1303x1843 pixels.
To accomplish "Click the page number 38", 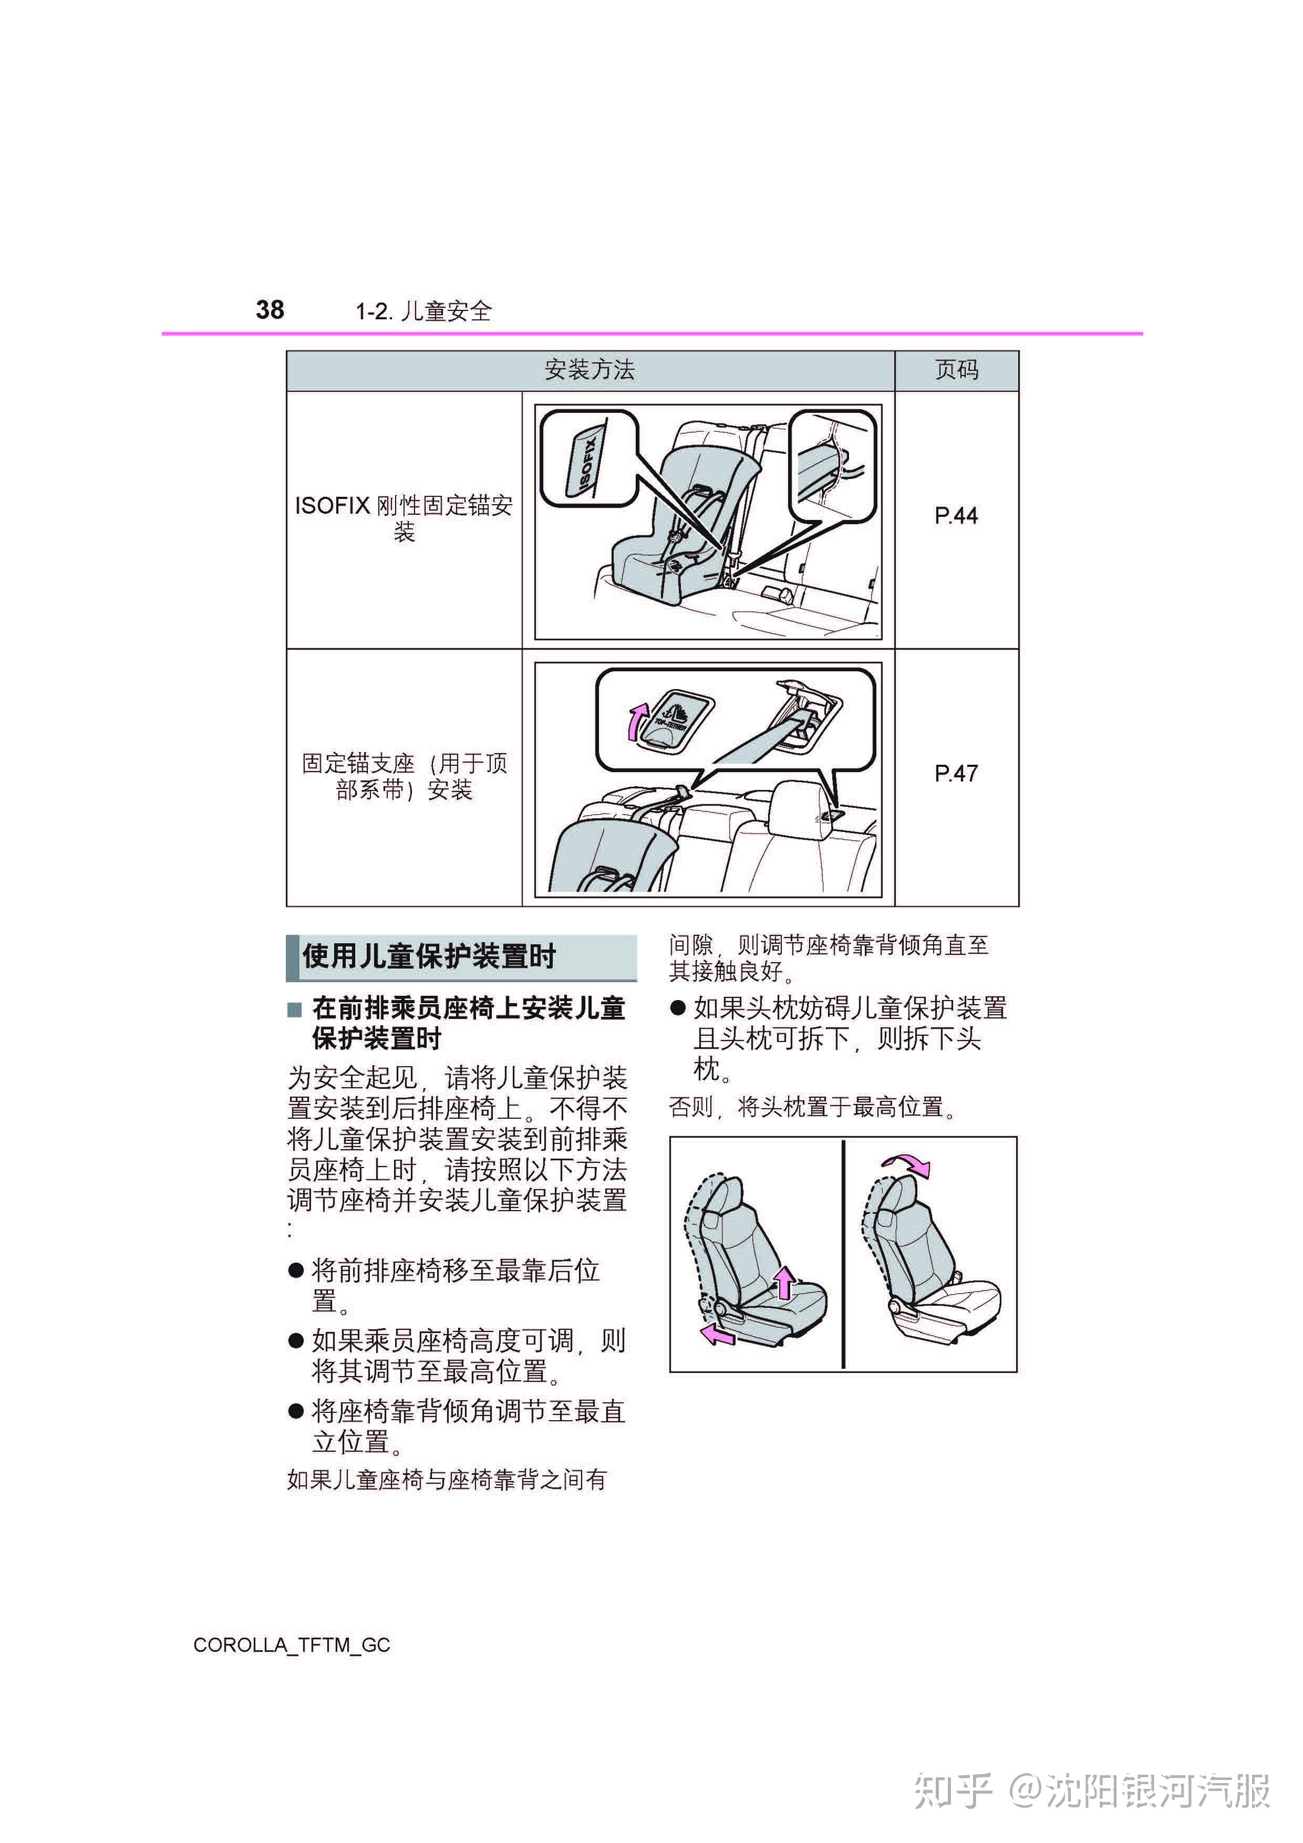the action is coord(270,310).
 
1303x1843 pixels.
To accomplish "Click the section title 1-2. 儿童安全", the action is coord(423,311).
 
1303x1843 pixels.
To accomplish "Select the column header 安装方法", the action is coord(590,370).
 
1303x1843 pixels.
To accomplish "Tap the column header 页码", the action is coord(956,370).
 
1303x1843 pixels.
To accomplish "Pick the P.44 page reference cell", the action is coord(956,516).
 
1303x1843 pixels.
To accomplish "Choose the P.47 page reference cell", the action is coord(956,774).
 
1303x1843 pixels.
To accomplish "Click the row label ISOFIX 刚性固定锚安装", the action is coord(404,518).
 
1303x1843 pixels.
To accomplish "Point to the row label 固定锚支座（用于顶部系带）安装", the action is coord(404,776).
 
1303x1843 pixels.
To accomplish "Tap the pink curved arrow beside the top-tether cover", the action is coord(637,721).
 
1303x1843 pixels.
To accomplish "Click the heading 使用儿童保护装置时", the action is coord(429,957).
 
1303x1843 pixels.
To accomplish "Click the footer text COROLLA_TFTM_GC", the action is coord(292,1646).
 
